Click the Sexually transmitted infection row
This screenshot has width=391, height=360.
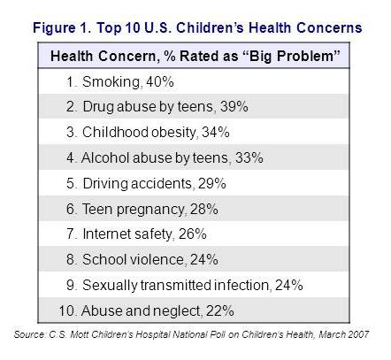(183, 285)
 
